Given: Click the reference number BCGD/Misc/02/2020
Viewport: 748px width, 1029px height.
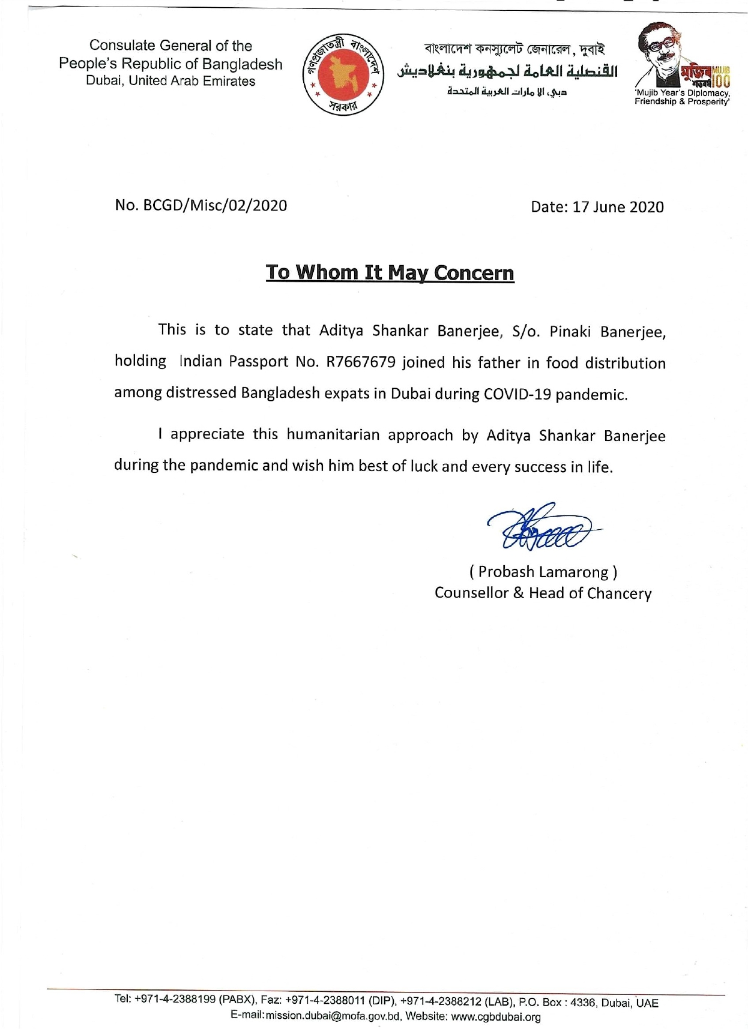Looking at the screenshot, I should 215,205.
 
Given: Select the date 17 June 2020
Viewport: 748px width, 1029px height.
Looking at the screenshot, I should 618,207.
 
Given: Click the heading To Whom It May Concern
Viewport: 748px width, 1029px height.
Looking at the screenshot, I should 390,272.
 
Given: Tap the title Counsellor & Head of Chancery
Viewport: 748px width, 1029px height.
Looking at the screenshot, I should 543,593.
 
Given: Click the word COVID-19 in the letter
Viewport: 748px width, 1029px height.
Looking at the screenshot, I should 517,394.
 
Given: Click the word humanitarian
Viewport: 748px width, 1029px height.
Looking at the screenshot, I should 332,434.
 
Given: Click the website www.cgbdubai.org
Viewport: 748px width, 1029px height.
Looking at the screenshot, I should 496,1016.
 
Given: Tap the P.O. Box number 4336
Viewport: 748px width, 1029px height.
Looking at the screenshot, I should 582,1003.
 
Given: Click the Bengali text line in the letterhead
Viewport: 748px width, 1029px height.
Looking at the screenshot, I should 514,49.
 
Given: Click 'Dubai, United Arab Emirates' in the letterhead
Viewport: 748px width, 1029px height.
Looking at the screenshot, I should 170,81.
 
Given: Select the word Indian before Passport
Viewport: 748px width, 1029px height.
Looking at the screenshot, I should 201,362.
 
